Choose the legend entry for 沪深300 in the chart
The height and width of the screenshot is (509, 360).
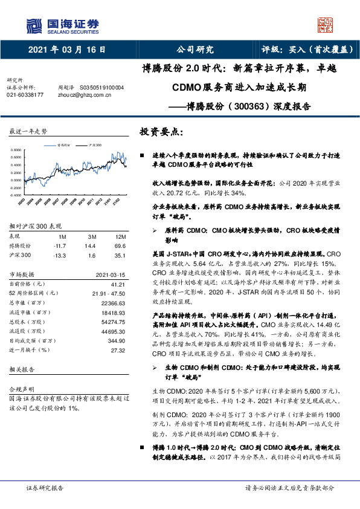(94, 145)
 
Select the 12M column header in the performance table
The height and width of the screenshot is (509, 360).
(120, 237)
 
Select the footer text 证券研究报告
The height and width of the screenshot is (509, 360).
(45, 487)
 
